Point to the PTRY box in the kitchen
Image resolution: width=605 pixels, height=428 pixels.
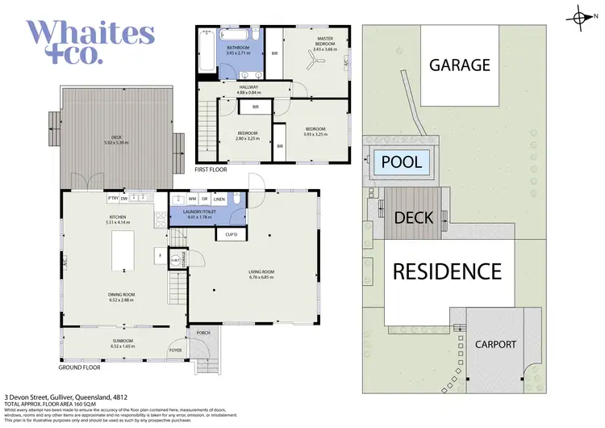point(113,197)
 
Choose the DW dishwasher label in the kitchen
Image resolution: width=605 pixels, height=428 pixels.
point(126,197)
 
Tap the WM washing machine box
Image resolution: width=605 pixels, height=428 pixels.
point(192,198)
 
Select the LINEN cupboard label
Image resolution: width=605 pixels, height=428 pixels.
point(219,198)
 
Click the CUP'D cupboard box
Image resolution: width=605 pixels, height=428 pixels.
point(231,234)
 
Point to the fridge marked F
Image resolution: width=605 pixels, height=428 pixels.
point(160,257)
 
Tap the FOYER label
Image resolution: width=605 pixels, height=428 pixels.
point(175,350)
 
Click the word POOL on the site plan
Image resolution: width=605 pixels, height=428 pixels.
point(401,162)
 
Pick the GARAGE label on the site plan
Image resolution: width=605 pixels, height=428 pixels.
point(458,65)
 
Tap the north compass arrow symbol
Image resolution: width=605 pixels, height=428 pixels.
point(582,16)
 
